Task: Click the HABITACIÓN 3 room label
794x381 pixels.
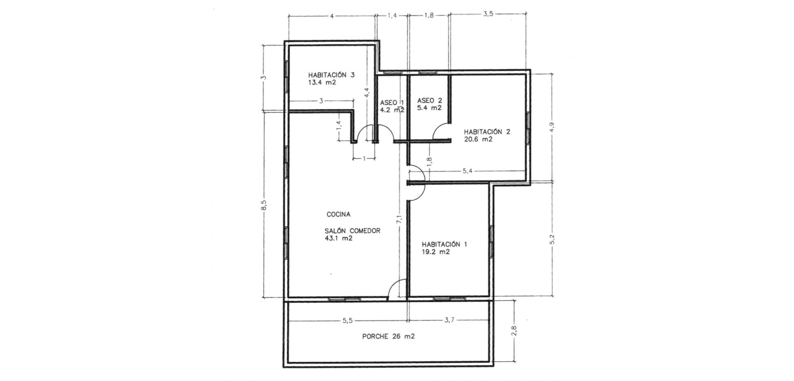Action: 331,75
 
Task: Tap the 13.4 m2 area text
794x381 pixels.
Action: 322,82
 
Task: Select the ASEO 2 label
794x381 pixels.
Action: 430,100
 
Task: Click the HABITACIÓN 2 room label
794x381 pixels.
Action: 487,132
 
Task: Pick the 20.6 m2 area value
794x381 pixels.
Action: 478,140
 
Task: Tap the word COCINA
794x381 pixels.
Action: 339,215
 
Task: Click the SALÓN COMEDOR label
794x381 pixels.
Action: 353,231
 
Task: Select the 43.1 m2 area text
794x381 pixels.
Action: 339,239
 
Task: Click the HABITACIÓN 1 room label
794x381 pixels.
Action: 445,244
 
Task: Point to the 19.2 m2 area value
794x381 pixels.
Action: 436,252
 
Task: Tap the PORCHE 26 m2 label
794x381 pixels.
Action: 388,337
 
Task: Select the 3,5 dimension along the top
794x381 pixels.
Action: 488,14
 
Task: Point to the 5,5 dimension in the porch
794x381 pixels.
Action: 348,320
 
